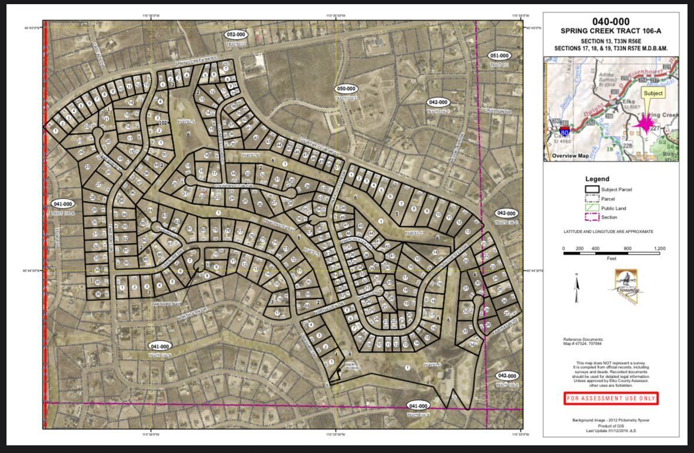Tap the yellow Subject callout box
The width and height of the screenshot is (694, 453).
pos(653,93)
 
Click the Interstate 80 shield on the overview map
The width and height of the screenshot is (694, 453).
pos(565,131)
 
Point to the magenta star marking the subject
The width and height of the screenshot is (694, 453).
pos(645,124)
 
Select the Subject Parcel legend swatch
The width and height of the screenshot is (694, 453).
pos(592,190)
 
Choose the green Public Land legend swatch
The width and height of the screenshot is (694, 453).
pos(592,208)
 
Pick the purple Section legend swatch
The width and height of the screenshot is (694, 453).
pos(592,217)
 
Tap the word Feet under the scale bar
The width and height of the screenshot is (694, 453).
pos(612,259)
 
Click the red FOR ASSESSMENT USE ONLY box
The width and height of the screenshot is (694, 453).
pos(610,399)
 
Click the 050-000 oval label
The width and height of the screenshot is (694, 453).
pos(346,89)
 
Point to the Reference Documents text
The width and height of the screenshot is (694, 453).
pos(583,339)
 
